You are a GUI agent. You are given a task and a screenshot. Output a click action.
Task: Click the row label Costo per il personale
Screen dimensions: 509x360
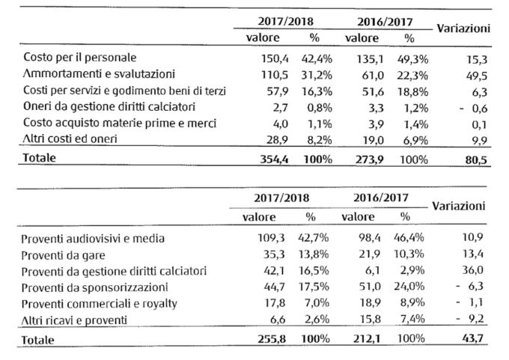click(x=80, y=58)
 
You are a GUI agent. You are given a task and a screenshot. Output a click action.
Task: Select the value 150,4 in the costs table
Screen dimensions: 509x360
click(x=275, y=59)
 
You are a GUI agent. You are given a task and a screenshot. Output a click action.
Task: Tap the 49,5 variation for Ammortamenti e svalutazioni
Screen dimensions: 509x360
click(x=477, y=76)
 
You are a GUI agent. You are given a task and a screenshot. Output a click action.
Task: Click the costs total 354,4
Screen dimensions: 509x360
click(x=274, y=159)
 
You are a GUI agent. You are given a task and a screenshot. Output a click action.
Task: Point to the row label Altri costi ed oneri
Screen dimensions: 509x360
click(x=70, y=139)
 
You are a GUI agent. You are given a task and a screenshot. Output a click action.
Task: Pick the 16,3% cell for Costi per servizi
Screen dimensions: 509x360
click(x=317, y=91)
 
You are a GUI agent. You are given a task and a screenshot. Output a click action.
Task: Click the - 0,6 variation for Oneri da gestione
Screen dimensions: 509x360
click(x=474, y=109)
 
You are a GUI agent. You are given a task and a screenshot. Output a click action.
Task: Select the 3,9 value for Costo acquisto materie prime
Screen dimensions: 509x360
click(x=377, y=124)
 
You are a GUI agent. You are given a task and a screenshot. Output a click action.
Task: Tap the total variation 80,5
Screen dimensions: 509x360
click(x=476, y=160)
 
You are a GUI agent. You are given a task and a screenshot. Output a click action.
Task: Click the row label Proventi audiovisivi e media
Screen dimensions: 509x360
click(x=93, y=239)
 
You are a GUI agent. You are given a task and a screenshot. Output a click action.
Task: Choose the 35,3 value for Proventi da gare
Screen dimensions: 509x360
click(x=274, y=254)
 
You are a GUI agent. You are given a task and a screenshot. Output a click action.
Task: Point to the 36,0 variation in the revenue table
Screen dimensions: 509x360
click(x=473, y=270)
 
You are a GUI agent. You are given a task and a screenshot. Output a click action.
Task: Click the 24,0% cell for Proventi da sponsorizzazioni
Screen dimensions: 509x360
click(x=409, y=287)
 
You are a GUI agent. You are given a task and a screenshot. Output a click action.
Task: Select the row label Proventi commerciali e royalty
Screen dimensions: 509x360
click(x=100, y=304)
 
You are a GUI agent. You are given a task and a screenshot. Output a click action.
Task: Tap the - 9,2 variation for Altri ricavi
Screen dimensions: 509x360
click(x=470, y=318)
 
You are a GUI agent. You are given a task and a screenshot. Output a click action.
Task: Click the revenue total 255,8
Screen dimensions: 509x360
click(x=272, y=339)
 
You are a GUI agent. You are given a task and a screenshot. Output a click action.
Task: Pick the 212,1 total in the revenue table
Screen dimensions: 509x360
click(x=367, y=339)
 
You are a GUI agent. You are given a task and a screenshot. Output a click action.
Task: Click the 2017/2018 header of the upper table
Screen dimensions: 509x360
click(x=286, y=22)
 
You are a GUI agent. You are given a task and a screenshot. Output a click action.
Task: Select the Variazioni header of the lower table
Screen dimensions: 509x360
click(x=459, y=206)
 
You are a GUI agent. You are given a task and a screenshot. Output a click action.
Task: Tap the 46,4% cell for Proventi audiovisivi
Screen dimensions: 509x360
click(x=409, y=237)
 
